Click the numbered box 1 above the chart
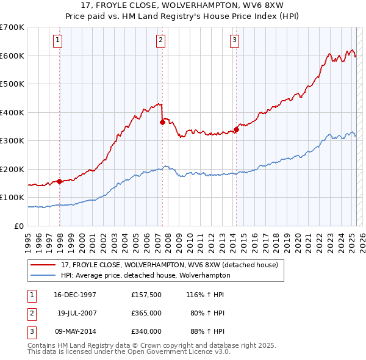coord(57,41)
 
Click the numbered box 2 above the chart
coord(160,41)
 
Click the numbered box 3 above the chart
coord(235,41)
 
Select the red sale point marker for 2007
coord(162,122)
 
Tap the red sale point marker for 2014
coord(236,129)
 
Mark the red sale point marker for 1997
coord(59,181)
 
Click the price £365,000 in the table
coord(146,313)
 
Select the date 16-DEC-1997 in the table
coord(75,295)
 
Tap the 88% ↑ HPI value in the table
coord(208,331)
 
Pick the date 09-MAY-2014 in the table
coord(75,331)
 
